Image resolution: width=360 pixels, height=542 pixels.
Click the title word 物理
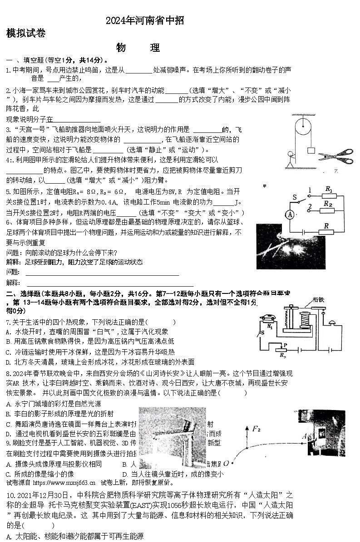click(138, 48)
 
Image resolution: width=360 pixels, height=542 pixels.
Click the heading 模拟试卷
click(26, 33)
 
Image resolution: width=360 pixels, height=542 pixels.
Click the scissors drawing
click(336, 156)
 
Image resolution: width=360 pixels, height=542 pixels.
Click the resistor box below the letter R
click(326, 232)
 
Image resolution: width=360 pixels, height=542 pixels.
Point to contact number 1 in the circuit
click(310, 190)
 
